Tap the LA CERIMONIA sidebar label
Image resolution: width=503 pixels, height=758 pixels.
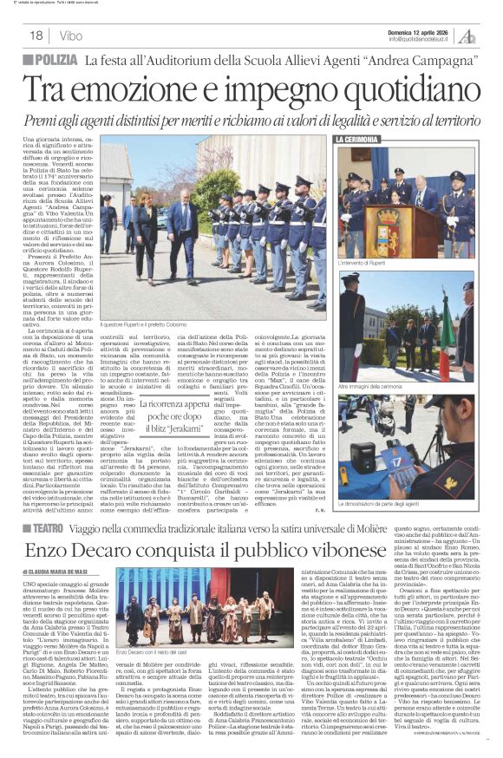(355, 140)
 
